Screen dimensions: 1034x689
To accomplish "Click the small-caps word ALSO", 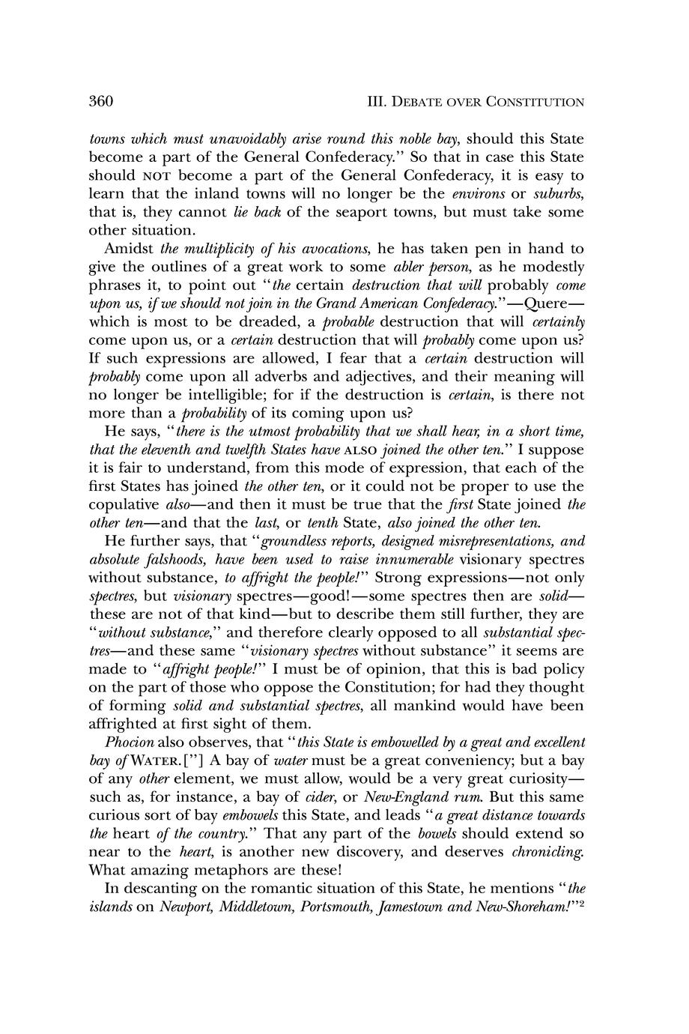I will click(346, 450).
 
